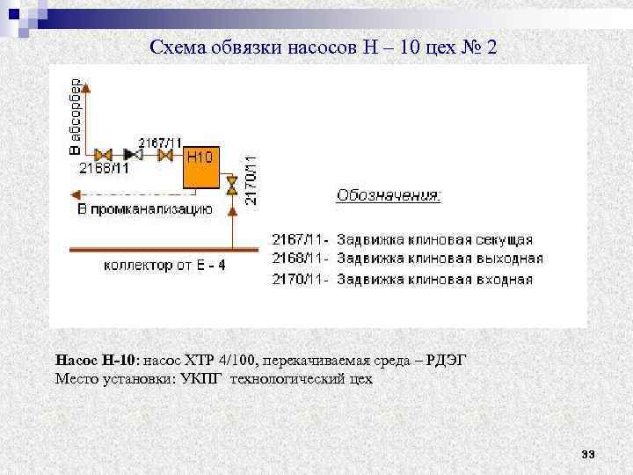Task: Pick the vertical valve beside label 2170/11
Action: click(231, 185)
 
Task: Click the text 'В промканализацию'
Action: click(145, 209)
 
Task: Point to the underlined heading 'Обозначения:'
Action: click(389, 195)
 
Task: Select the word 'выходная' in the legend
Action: click(508, 259)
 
